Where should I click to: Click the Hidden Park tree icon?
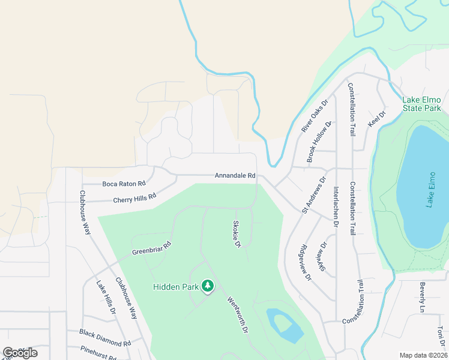pyautogui.click(x=208, y=286)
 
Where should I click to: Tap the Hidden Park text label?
pyautogui.click(x=175, y=287)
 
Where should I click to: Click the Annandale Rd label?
pyautogui.click(x=235, y=176)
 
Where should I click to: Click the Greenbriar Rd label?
pyautogui.click(x=151, y=249)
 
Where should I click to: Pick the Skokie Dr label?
pyautogui.click(x=237, y=233)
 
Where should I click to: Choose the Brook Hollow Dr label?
pyautogui.click(x=319, y=142)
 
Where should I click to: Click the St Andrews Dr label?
pyautogui.click(x=313, y=195)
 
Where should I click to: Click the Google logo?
pyautogui.click(x=20, y=352)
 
